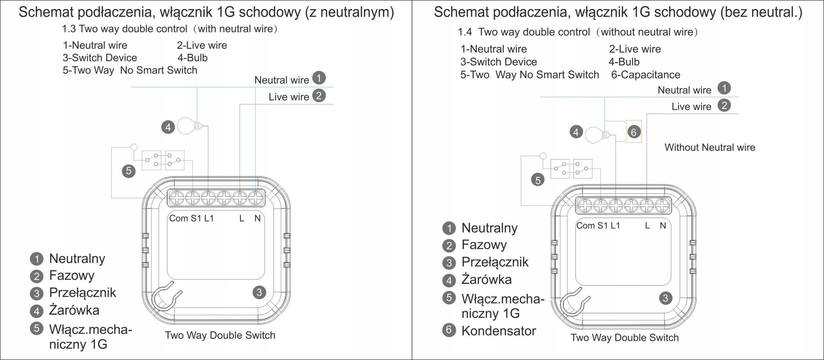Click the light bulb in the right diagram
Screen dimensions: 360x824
click(594, 135)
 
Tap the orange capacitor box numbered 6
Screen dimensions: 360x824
click(633, 132)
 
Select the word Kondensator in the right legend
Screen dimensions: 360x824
click(499, 331)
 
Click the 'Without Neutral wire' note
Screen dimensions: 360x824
click(710, 147)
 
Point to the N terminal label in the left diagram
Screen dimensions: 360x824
click(257, 218)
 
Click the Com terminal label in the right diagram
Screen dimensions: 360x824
click(585, 225)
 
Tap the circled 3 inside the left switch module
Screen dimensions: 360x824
click(259, 292)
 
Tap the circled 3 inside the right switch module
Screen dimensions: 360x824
click(665, 298)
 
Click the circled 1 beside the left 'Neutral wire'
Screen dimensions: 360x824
click(319, 78)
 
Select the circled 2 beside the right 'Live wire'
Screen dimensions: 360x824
click(724, 105)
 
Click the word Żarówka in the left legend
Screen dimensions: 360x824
click(74, 310)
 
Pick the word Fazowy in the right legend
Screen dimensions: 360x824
click(484, 245)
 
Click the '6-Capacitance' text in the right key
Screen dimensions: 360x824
click(645, 75)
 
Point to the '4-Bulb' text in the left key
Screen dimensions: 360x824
click(192, 58)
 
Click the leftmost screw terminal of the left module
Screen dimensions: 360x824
click(177, 198)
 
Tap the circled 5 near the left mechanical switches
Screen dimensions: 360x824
click(129, 171)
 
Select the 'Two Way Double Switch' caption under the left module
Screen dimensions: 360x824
click(220, 335)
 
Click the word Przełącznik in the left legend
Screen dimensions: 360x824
click(82, 292)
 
